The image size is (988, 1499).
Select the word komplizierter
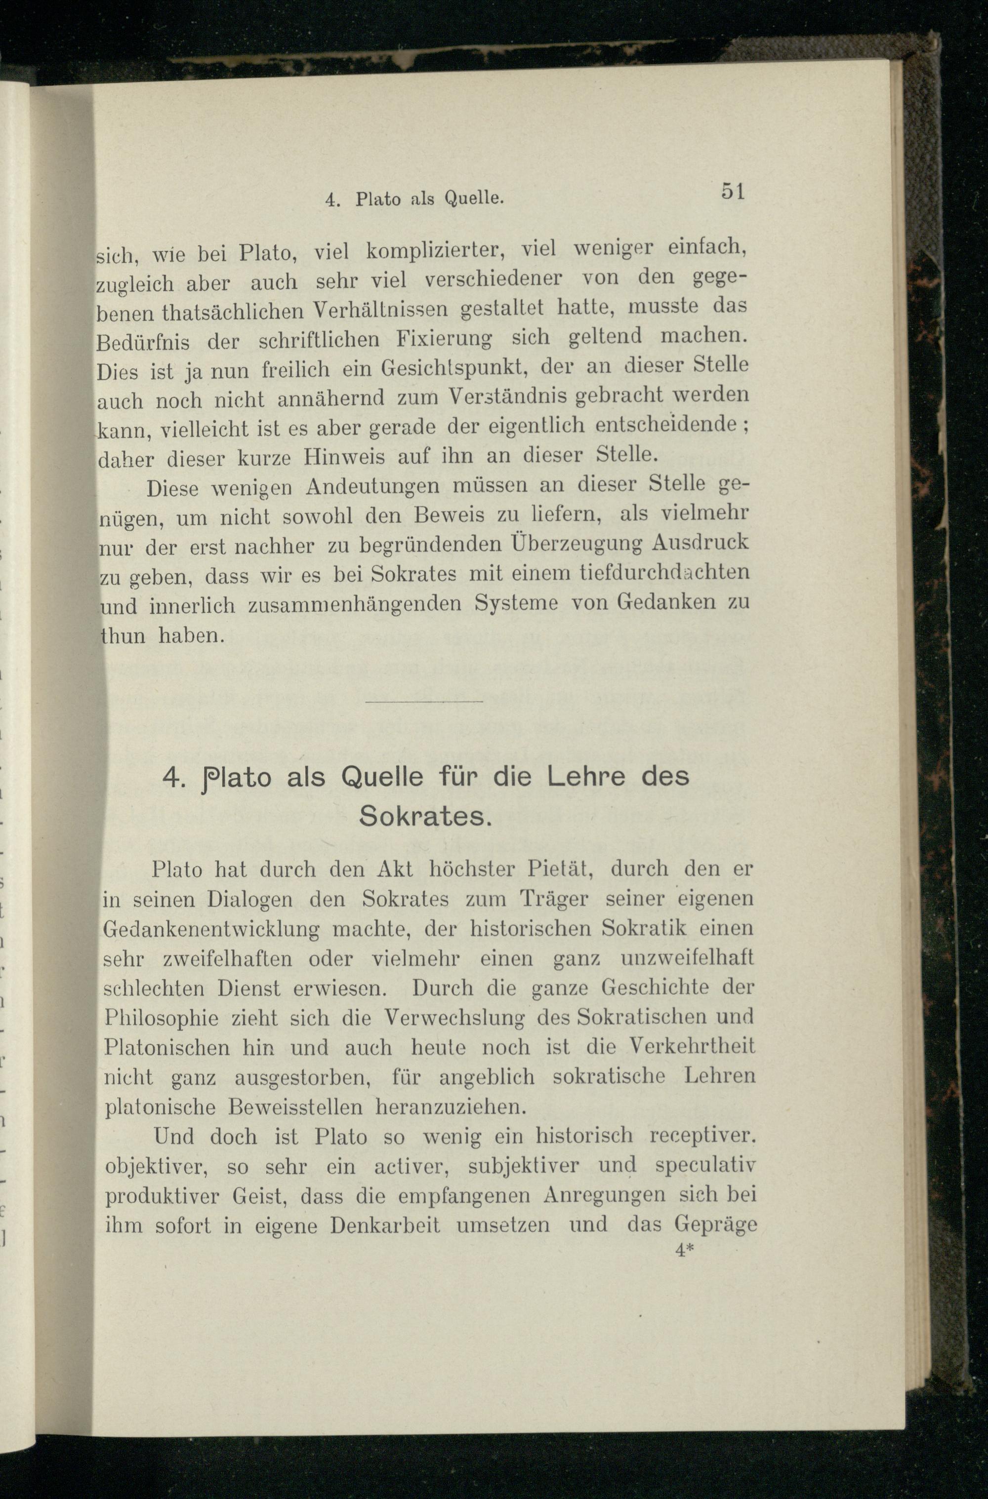[x=434, y=251]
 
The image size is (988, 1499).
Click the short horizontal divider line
[x=423, y=701]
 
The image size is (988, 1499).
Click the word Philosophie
[x=162, y=1019]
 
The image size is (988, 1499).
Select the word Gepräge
[x=715, y=1224]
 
